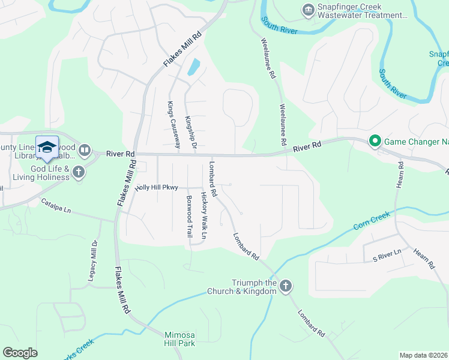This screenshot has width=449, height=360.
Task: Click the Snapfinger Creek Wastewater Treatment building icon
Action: click(x=308, y=10)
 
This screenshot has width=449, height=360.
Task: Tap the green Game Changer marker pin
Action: click(x=375, y=142)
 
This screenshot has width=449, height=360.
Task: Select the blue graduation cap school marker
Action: click(x=47, y=147)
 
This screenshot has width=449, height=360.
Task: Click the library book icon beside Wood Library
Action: click(x=84, y=149)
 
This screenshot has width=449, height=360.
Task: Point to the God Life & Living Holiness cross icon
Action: click(x=78, y=173)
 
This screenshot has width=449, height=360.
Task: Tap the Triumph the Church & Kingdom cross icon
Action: click(x=285, y=286)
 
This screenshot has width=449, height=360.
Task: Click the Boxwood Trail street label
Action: click(x=189, y=217)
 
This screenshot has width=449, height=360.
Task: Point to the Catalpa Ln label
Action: click(x=56, y=206)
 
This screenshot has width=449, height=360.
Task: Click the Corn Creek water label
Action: click(x=367, y=221)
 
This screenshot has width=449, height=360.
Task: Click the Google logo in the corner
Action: click(x=20, y=353)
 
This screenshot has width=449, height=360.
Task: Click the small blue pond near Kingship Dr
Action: click(x=194, y=66)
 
